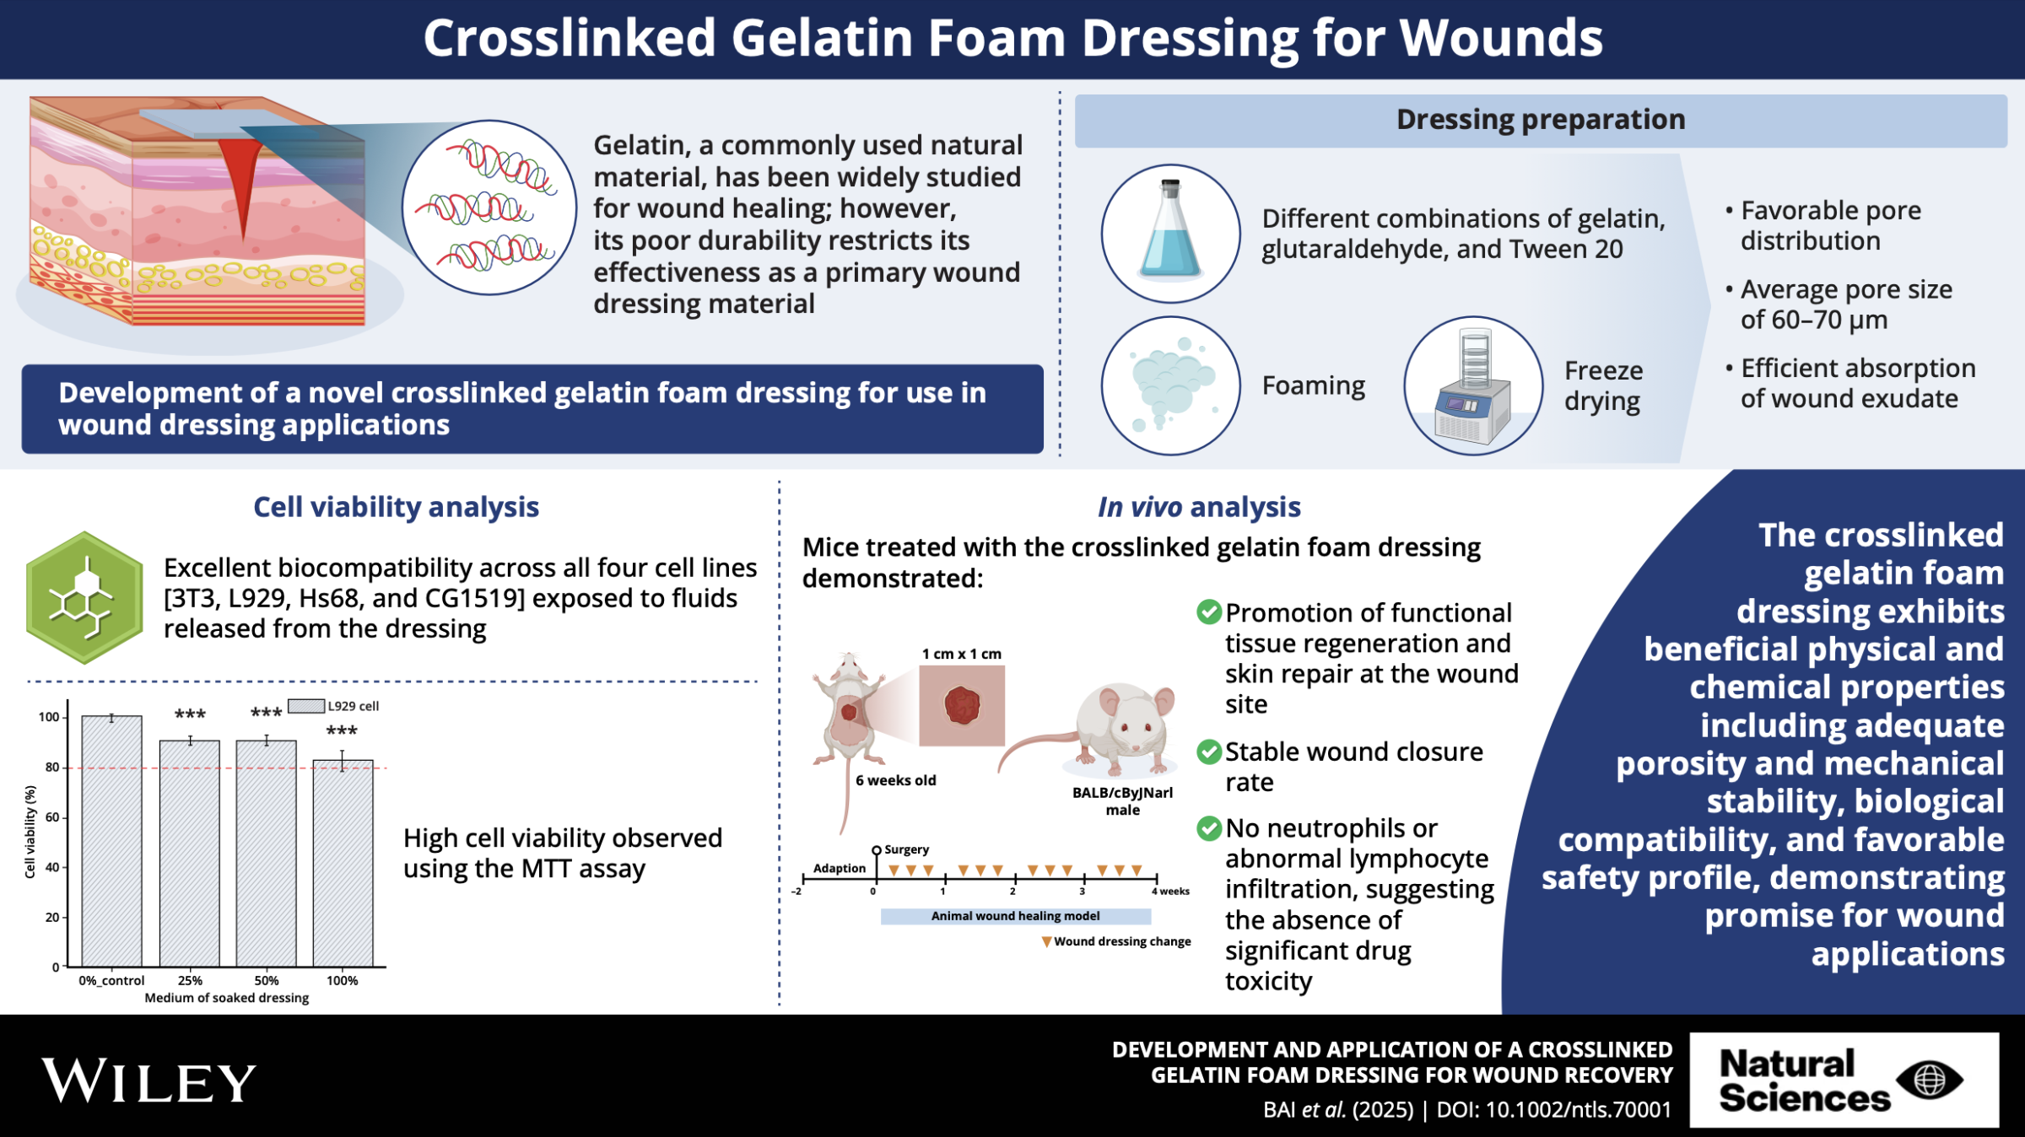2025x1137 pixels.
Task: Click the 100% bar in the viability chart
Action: click(343, 863)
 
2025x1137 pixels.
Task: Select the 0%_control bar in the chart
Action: click(111, 841)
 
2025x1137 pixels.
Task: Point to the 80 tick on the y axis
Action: click(52, 768)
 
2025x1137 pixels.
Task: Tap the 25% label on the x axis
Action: click(190, 980)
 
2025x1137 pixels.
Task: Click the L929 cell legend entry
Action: click(334, 706)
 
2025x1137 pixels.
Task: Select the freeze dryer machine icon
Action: click(1473, 385)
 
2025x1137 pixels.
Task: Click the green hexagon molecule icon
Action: click(84, 597)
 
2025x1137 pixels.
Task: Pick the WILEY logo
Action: click(148, 1080)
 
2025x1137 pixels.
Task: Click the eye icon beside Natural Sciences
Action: click(1930, 1080)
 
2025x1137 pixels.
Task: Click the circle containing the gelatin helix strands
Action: click(489, 207)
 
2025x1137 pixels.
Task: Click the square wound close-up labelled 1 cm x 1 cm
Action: click(962, 705)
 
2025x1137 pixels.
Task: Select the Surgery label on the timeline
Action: click(906, 849)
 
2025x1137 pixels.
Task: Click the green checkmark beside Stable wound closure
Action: click(1209, 752)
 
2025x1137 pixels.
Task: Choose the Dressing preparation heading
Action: click(1541, 120)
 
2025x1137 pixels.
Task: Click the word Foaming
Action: click(1313, 386)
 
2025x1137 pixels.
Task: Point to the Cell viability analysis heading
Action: click(396, 507)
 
